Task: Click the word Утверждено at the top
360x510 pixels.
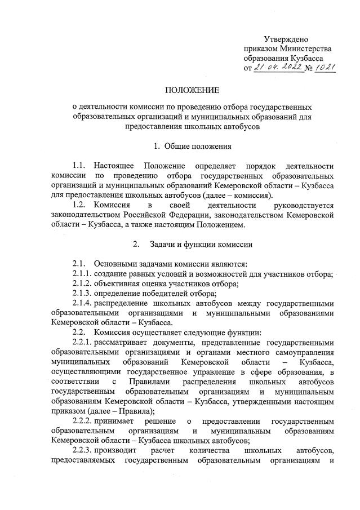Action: pyautogui.click(x=286, y=39)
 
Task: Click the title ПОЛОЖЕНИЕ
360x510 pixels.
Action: pyautogui.click(x=192, y=90)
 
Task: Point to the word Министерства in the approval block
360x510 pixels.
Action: pyautogui.click(x=304, y=48)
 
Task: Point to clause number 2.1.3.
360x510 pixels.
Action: pyautogui.click(x=82, y=294)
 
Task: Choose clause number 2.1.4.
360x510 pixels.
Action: pyautogui.click(x=82, y=303)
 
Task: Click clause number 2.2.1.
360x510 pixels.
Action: pyautogui.click(x=82, y=343)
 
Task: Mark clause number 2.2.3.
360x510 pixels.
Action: pyautogui.click(x=82, y=451)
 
